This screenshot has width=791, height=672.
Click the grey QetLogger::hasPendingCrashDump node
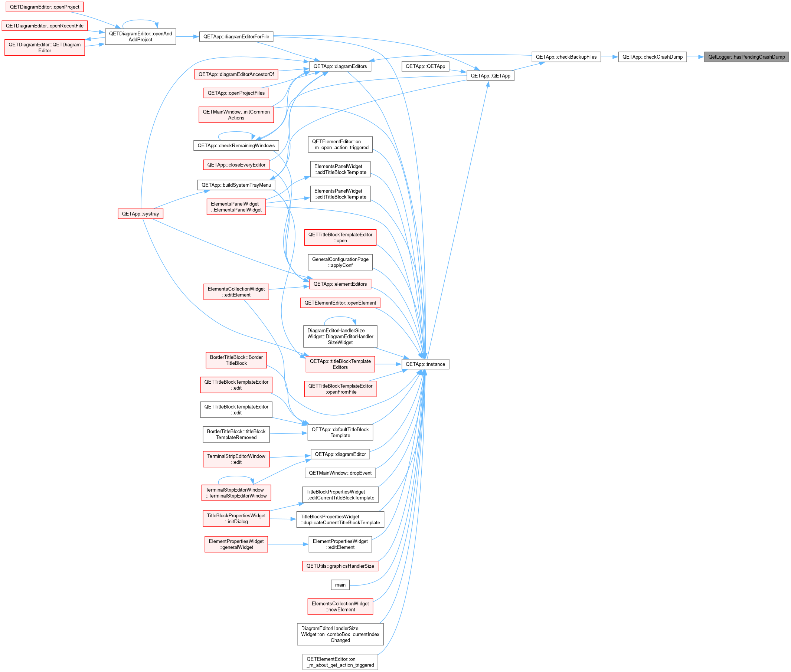[746, 57]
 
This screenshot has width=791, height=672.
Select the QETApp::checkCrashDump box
[652, 57]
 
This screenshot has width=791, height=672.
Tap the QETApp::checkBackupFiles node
[566, 57]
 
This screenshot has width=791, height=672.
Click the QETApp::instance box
[425, 364]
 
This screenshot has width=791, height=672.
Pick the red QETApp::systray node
[141, 214]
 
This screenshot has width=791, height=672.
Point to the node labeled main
[340, 585]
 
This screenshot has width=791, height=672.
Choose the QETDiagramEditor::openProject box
[45, 7]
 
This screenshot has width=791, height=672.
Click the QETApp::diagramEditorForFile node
[236, 37]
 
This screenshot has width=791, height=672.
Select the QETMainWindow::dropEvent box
[340, 473]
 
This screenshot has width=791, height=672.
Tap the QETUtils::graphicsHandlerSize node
[340, 566]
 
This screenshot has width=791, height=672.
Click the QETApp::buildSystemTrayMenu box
[236, 185]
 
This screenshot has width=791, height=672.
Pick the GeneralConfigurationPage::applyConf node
[340, 262]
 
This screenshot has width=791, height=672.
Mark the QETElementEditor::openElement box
[340, 303]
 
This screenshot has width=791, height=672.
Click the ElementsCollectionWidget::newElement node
[340, 606]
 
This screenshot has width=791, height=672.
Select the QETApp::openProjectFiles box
[236, 93]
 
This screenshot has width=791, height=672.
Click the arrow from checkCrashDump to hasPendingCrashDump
[695, 57]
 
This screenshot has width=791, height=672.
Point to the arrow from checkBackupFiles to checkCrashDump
[609, 57]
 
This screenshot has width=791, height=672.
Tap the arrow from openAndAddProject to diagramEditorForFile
[187, 37]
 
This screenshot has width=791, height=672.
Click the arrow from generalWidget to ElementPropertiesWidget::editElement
[288, 544]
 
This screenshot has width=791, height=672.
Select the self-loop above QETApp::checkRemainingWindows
[236, 134]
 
